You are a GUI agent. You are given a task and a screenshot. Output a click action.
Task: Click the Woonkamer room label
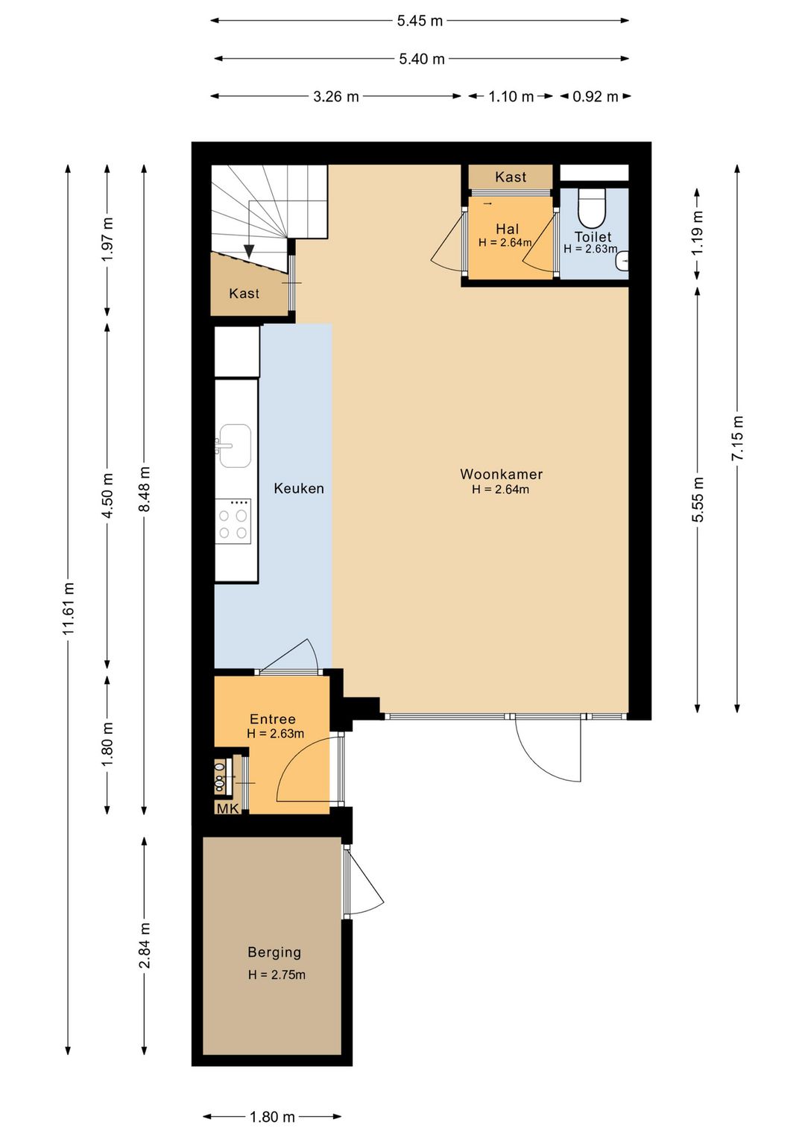pyautogui.click(x=501, y=474)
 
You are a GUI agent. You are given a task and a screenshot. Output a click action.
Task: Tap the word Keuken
pyautogui.click(x=299, y=488)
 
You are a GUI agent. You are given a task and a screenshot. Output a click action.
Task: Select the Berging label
pyautogui.click(x=274, y=952)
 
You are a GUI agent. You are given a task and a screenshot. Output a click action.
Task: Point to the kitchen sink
pyautogui.click(x=235, y=446)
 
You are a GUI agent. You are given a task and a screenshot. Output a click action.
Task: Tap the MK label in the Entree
pyautogui.click(x=227, y=808)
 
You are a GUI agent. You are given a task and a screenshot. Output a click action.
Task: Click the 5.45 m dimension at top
pyautogui.click(x=420, y=21)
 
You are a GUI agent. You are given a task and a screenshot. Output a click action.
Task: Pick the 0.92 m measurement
pyautogui.click(x=596, y=96)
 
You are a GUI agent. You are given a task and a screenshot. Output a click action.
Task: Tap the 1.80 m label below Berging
pyautogui.click(x=272, y=1117)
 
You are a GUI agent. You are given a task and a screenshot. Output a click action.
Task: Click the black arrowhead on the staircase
pyautogui.click(x=249, y=252)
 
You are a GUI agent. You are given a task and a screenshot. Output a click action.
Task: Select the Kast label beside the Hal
pyautogui.click(x=511, y=177)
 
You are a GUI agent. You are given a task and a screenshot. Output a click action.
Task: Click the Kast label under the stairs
pyautogui.click(x=244, y=294)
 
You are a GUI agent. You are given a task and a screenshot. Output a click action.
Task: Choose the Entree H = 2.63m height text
pyautogui.click(x=276, y=733)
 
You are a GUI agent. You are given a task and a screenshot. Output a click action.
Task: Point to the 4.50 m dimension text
pyautogui.click(x=107, y=495)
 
